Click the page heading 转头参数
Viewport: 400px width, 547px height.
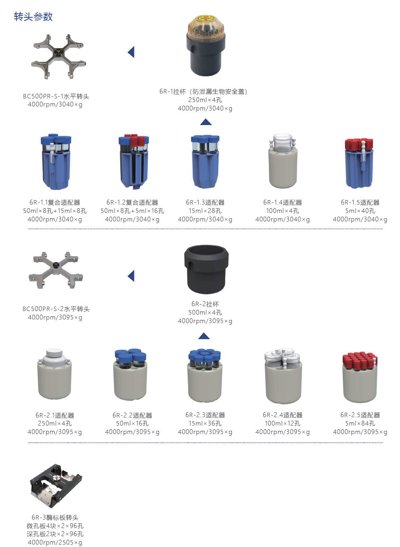(33, 17)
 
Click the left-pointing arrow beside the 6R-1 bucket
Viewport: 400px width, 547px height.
(131, 52)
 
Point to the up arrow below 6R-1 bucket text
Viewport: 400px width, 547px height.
(206, 122)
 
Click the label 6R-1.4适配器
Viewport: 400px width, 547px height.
(283, 203)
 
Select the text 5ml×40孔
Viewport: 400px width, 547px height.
(360, 211)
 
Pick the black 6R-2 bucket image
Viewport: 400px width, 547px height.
(206, 269)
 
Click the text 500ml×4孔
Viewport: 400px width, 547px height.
(205, 313)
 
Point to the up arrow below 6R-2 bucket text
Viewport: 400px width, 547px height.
(204, 336)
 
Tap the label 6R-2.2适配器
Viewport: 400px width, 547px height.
(132, 415)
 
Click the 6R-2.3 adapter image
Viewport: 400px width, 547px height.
(205, 375)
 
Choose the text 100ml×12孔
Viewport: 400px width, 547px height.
(283, 424)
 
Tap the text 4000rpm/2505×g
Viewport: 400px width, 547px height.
(55, 543)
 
